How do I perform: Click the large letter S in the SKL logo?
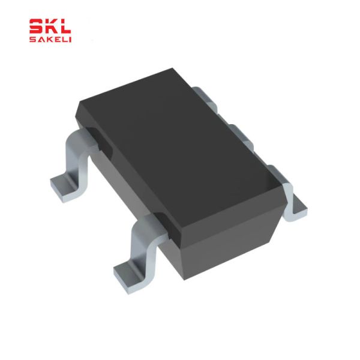37,27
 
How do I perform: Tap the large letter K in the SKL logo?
51,27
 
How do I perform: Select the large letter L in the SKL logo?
65,27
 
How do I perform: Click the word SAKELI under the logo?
50,40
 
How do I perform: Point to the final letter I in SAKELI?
70,40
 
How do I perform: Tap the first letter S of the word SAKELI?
32,40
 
